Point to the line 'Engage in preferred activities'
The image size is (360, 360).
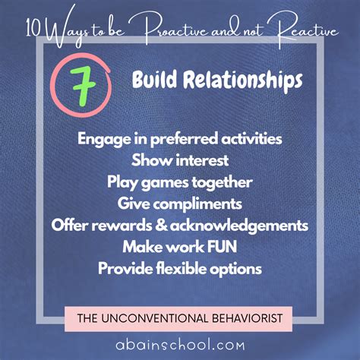[180, 140]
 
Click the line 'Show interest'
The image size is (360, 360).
[180, 161]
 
